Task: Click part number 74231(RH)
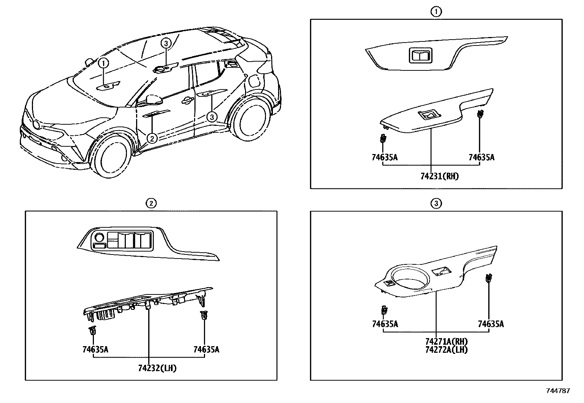(x=439, y=176)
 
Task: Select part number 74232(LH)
(x=157, y=368)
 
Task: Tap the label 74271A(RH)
(x=446, y=341)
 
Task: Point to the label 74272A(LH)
(x=446, y=349)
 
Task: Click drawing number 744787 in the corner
(x=558, y=391)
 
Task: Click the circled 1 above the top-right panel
(x=436, y=12)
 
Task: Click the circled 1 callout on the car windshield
(x=104, y=63)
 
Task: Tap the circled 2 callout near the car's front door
(x=152, y=138)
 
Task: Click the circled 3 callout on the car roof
(x=166, y=43)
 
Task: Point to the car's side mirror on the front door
(x=154, y=99)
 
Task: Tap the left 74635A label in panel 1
(x=384, y=157)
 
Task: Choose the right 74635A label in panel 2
(x=206, y=349)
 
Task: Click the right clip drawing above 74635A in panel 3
(x=489, y=278)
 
